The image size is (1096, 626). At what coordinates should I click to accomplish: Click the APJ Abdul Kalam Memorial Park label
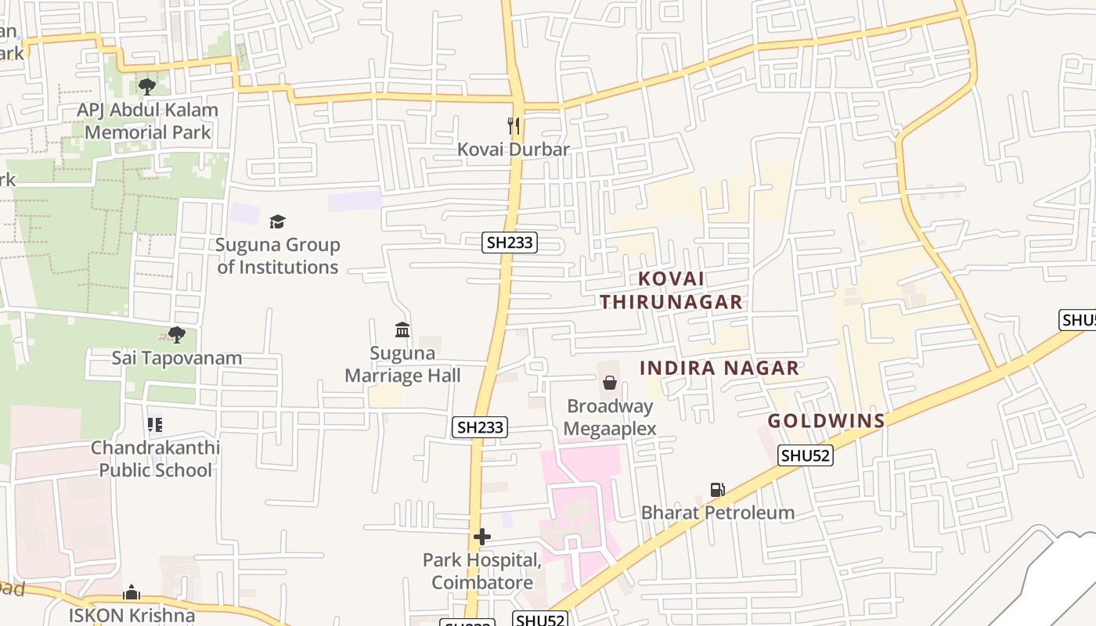point(147,121)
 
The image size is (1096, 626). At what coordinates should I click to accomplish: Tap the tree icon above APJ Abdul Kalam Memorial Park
point(146,86)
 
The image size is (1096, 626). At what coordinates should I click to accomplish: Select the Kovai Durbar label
point(514,149)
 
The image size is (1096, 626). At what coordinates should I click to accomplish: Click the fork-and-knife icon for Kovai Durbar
point(514,125)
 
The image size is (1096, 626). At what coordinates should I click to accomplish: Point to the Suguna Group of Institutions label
point(278,256)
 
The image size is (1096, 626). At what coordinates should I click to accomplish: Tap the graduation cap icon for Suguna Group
point(277,222)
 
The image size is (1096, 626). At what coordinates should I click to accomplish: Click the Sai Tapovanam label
point(177,358)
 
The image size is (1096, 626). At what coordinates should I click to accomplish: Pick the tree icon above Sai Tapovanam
point(177,335)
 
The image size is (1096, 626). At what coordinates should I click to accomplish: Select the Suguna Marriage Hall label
point(403,364)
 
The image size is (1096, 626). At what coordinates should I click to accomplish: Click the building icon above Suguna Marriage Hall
point(402,329)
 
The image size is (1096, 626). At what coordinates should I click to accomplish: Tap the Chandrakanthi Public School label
point(155,459)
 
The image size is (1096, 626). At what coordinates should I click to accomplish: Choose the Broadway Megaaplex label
point(610,417)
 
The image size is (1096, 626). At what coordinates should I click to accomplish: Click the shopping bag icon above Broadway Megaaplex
point(610,383)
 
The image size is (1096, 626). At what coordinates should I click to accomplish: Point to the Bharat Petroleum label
point(718,513)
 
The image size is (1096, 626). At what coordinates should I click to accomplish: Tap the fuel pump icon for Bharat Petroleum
point(717,490)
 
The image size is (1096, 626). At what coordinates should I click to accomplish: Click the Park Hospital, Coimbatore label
point(482,571)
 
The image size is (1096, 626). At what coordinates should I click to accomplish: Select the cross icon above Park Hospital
point(482,537)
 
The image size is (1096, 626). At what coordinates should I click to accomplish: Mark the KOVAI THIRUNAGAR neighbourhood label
point(672,290)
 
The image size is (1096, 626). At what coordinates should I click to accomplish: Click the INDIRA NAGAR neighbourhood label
point(719,368)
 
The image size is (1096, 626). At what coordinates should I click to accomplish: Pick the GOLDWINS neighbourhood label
point(826,421)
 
